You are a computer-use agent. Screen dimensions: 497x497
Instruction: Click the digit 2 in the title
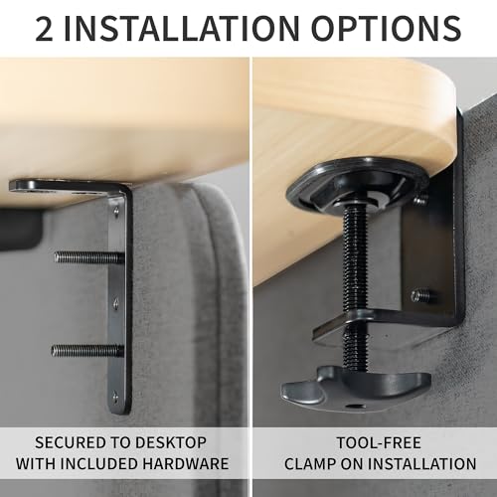point(44,28)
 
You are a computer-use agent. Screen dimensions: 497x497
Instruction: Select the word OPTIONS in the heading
point(386,28)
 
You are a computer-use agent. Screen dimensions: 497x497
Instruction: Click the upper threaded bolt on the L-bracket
point(89,257)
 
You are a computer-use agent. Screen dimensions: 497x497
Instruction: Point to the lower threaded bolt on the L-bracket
point(87,350)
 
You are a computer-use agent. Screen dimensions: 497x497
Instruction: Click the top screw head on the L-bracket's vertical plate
point(116,210)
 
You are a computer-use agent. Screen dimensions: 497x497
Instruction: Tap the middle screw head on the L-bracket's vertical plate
point(116,302)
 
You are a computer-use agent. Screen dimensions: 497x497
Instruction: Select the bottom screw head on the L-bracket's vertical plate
point(115,396)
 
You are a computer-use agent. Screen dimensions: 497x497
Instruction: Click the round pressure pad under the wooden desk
point(356,184)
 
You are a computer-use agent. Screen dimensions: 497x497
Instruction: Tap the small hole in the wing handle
point(356,406)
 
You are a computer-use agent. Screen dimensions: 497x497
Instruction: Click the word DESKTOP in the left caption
point(171,442)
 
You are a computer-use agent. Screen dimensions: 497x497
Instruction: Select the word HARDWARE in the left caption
point(186,463)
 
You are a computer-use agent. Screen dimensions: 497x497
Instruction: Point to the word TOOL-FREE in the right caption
point(380,443)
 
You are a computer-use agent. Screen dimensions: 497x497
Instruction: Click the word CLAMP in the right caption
point(310,464)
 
